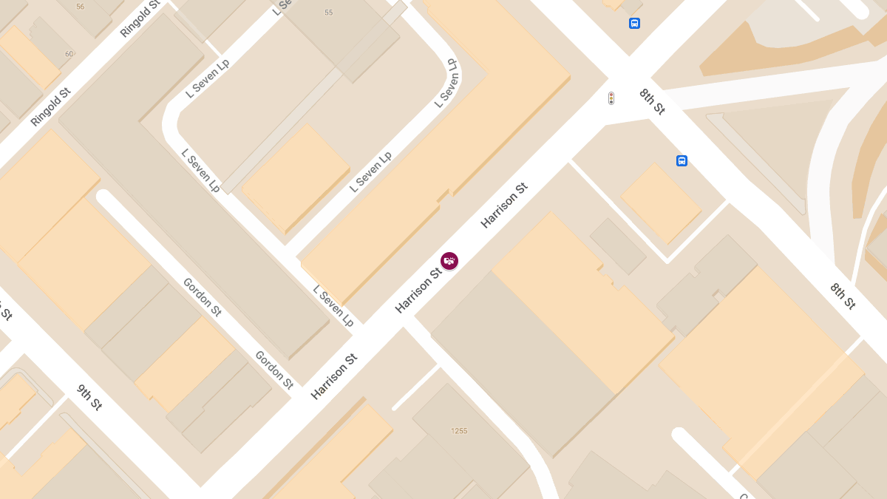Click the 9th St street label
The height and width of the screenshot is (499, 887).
click(x=89, y=397)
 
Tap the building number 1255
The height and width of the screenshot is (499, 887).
click(x=459, y=431)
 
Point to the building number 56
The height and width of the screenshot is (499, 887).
click(x=80, y=7)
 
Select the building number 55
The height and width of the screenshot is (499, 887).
click(x=329, y=13)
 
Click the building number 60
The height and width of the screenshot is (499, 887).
click(x=69, y=53)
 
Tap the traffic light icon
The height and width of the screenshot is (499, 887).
click(x=611, y=98)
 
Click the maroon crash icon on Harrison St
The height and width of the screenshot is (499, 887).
click(x=449, y=261)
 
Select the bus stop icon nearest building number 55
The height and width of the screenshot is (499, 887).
click(x=634, y=24)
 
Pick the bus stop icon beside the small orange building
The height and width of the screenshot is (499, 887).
click(x=682, y=160)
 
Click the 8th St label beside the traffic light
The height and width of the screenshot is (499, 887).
click(x=653, y=101)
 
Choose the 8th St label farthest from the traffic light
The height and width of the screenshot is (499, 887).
click(x=842, y=296)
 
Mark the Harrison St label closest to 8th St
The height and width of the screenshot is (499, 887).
click(x=505, y=205)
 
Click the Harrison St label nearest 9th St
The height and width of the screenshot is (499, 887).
click(x=334, y=377)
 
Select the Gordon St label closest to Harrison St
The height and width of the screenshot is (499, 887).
click(x=274, y=369)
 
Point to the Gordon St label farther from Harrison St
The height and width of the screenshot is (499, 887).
click(x=202, y=296)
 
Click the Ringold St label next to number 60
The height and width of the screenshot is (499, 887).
click(x=50, y=106)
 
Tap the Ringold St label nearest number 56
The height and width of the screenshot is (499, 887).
click(x=140, y=18)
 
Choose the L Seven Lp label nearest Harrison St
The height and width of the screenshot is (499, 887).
click(x=333, y=305)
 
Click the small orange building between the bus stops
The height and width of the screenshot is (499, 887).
click(x=660, y=203)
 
